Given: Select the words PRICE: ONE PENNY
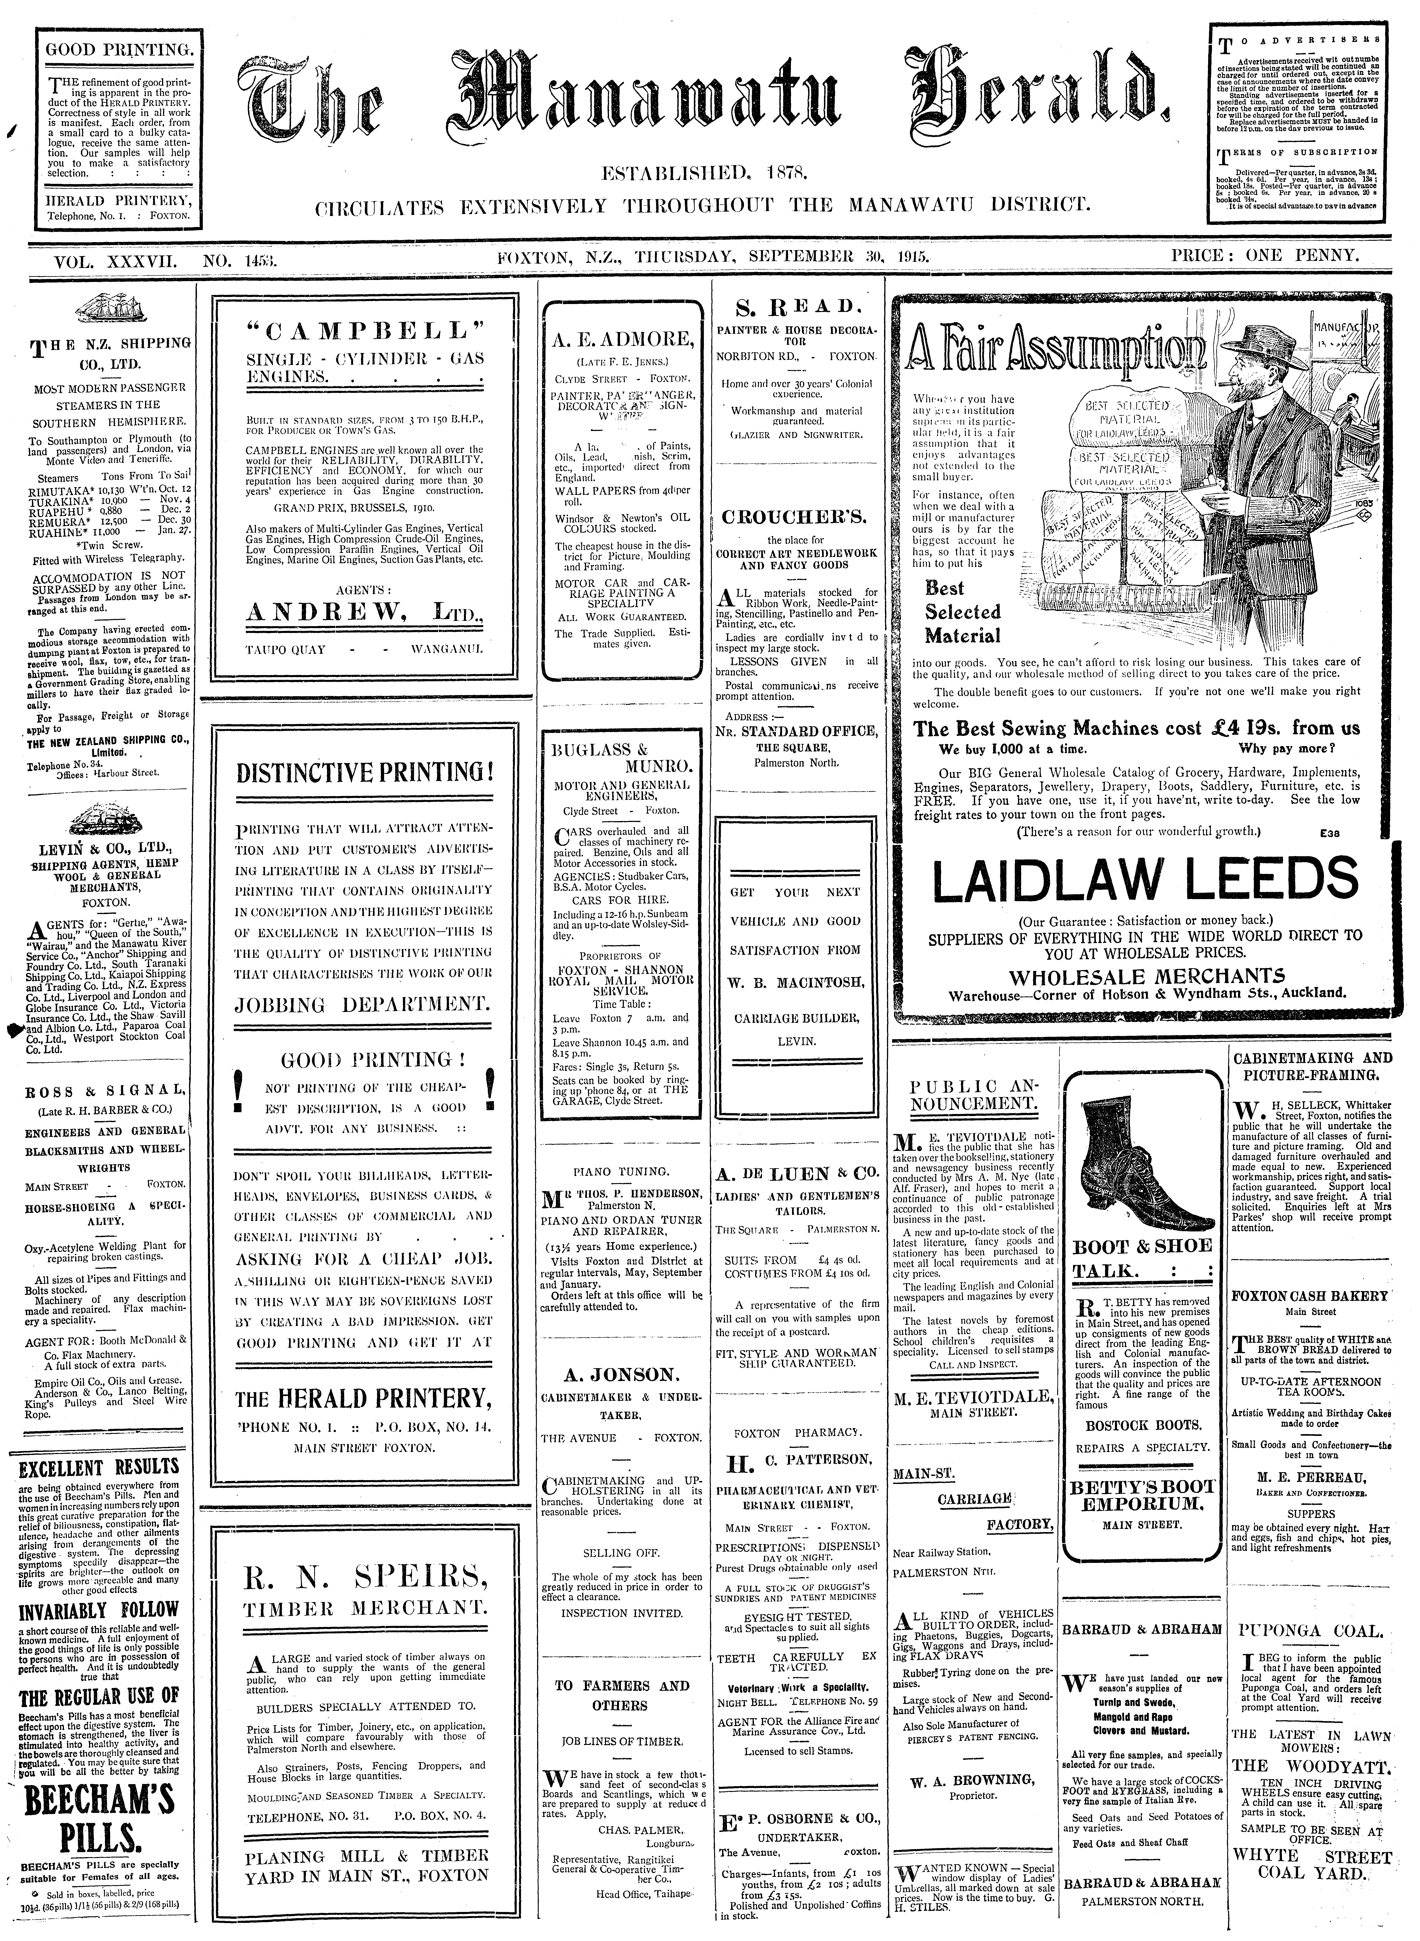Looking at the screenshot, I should pyautogui.click(x=1264, y=255).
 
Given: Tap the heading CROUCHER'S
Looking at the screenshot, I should pyautogui.click(x=795, y=518).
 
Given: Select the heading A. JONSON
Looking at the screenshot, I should pyautogui.click(x=619, y=1374).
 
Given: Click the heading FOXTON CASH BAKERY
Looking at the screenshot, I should pyautogui.click(x=1309, y=1295).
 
